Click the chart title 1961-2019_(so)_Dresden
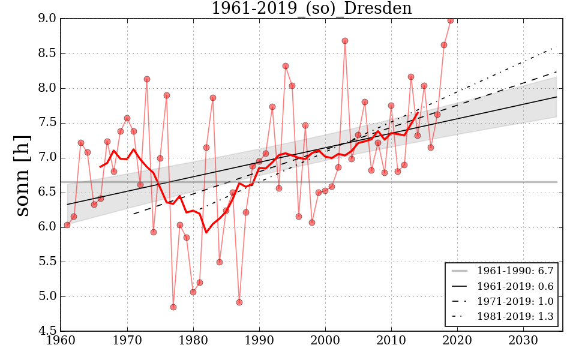coord(311,8)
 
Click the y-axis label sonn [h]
coord(22,175)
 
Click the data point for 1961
coord(67,225)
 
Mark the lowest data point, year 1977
coord(173,307)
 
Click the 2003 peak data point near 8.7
coord(345,41)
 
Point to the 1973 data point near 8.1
coord(147,79)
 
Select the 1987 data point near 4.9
coord(239,302)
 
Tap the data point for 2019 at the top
coord(451,20)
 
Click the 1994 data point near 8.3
coord(286,66)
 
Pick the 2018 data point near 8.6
coord(444,45)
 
